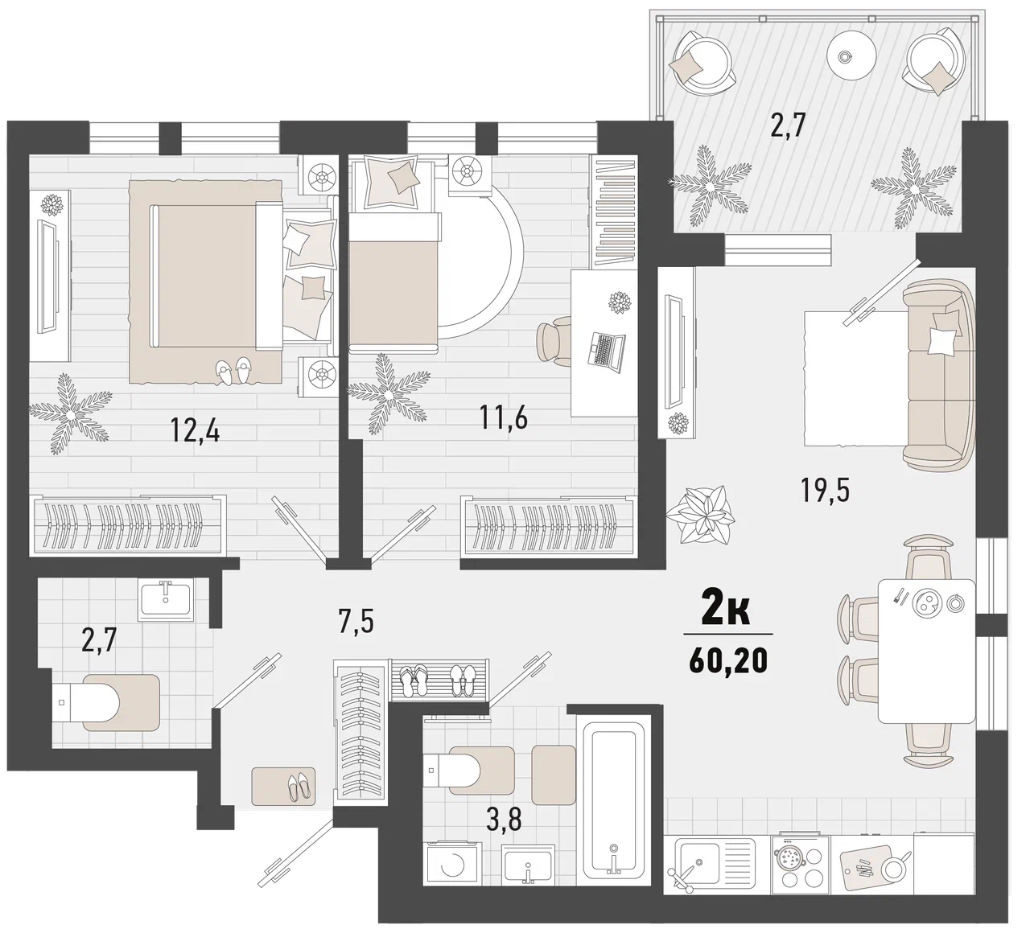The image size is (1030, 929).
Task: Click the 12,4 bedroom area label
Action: point(195,430)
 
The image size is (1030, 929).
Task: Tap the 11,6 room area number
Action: point(503,417)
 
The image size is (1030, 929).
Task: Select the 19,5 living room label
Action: point(825,490)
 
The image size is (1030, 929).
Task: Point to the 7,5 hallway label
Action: point(356,622)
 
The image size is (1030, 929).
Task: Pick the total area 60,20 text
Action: point(728,660)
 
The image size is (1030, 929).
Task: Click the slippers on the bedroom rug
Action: point(233,371)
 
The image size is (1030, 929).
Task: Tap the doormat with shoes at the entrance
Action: point(283,787)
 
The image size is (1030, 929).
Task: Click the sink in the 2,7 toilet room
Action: point(165,599)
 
